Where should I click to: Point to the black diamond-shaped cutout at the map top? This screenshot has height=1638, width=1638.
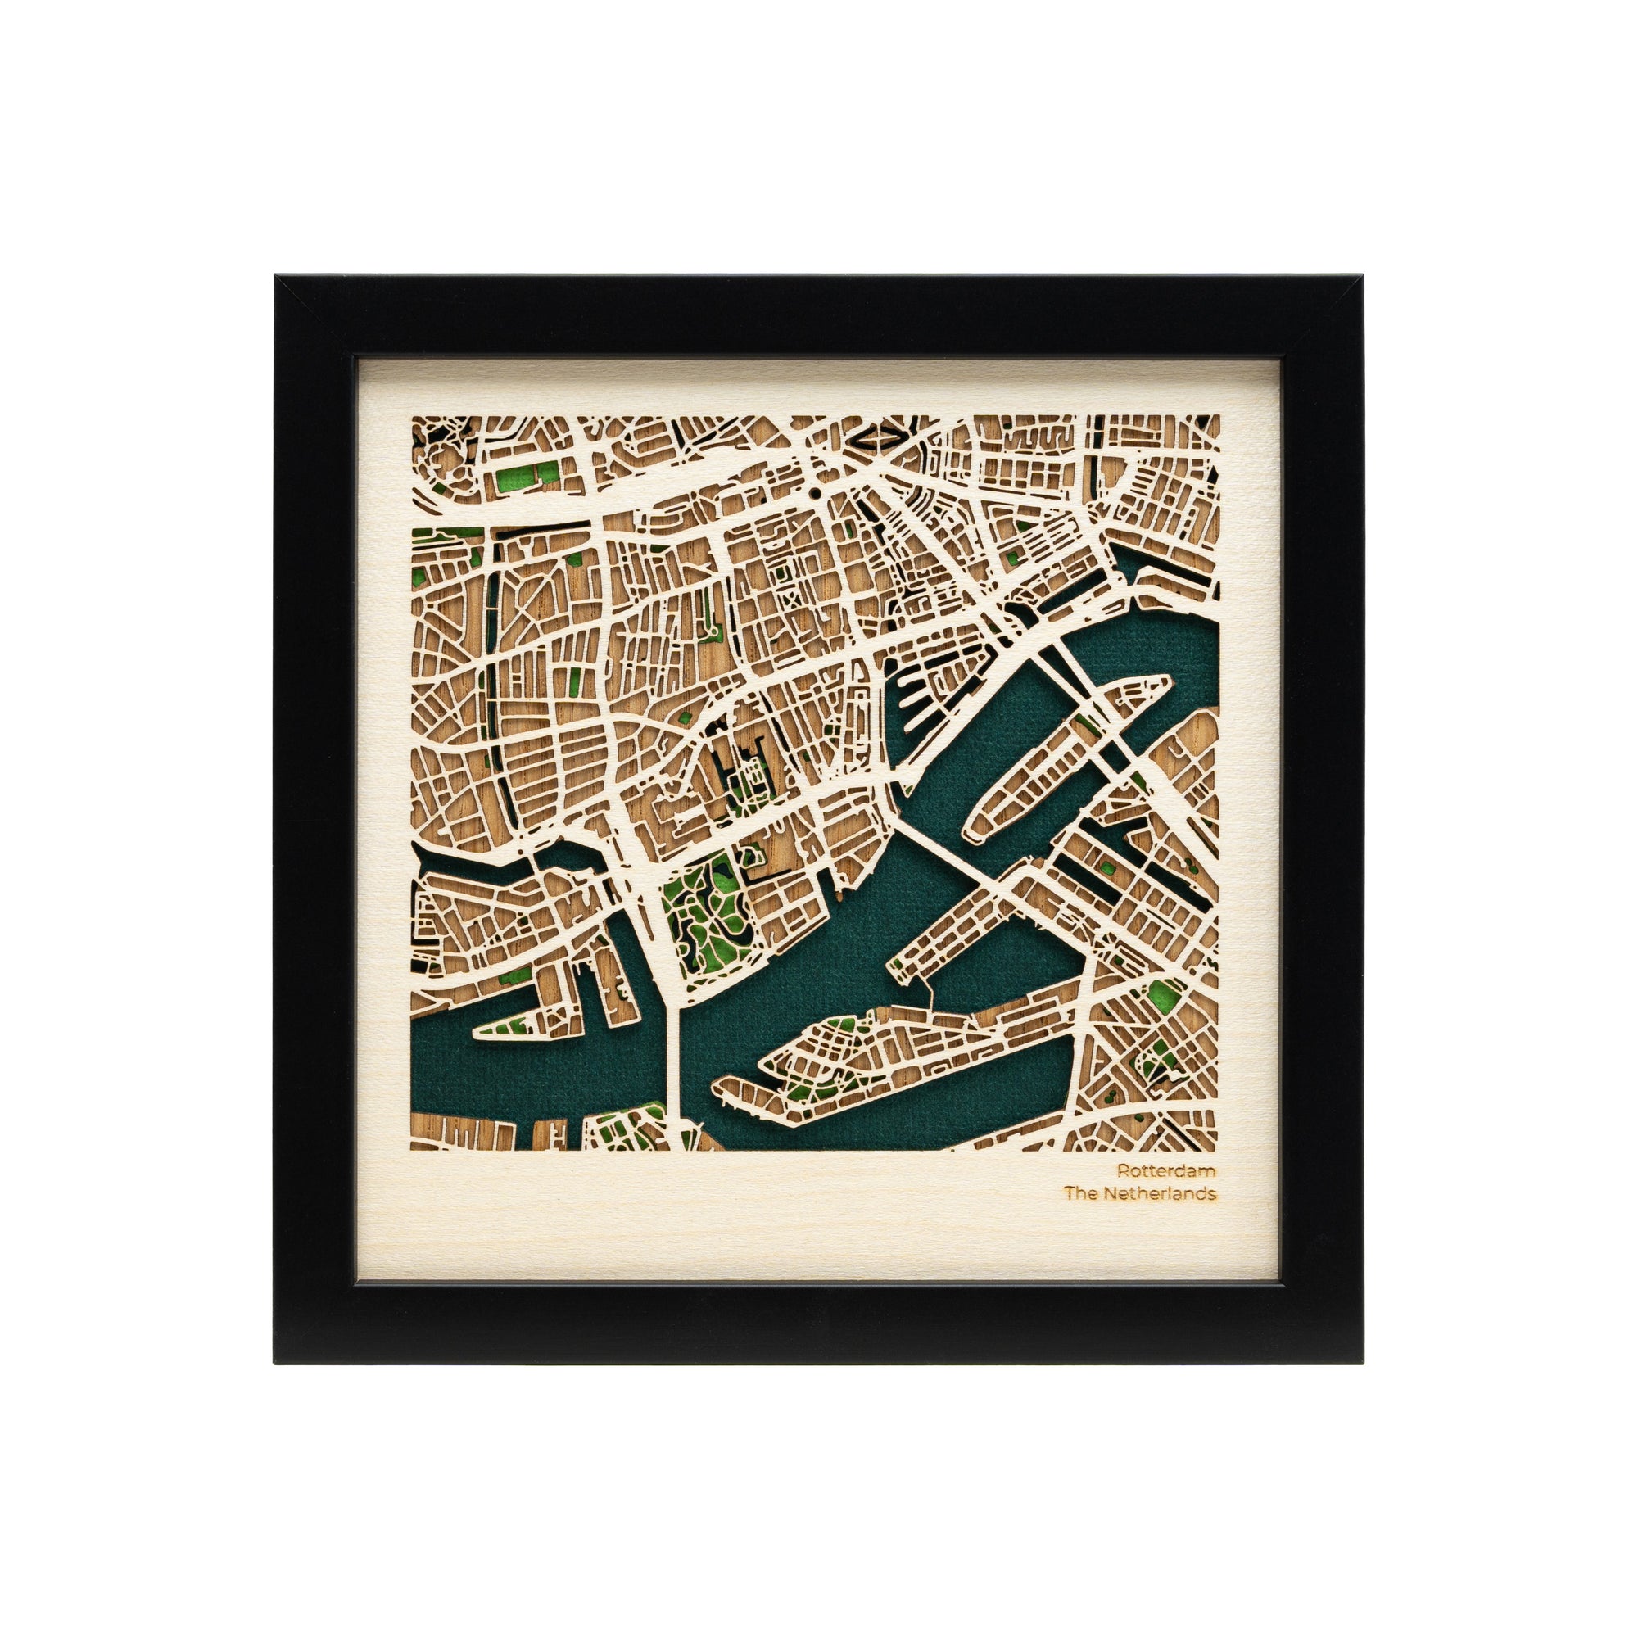coord(879,438)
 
